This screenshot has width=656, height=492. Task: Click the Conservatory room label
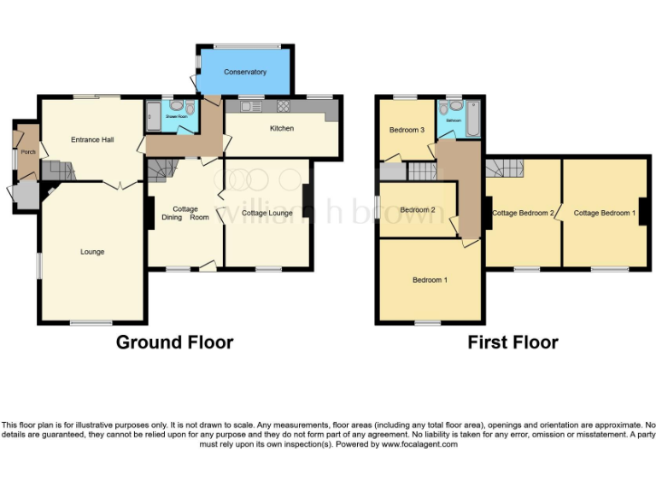(245, 73)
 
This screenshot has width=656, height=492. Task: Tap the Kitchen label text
(282, 129)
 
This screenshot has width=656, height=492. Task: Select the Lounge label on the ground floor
(92, 252)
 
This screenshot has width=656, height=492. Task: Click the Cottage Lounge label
(266, 213)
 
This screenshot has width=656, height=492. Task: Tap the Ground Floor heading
(174, 343)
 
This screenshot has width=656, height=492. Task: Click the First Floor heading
(512, 343)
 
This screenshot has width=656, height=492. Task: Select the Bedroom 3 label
(407, 130)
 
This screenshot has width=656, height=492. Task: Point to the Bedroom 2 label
(418, 210)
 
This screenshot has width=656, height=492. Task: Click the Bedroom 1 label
(429, 280)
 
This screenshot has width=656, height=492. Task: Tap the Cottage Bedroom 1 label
(604, 213)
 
